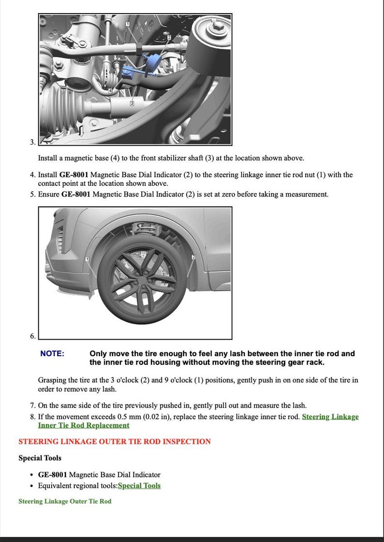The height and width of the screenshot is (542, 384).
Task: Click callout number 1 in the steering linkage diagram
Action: coord(128,24)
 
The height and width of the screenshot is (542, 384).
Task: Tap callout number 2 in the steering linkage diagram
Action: coord(169,37)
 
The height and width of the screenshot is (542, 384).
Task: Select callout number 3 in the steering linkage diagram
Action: coord(132,104)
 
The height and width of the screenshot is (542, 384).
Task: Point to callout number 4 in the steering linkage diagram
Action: coord(110,90)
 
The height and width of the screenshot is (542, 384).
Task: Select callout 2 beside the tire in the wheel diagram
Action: coord(193,257)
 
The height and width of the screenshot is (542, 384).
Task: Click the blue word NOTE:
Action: coord(52,354)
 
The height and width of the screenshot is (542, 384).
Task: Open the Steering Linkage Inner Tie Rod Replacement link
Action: coord(330,417)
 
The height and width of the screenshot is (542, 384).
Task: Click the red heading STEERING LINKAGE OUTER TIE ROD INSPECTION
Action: coord(115,441)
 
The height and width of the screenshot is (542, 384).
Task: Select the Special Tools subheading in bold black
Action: coord(40,458)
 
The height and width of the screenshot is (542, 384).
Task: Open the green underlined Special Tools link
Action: coord(139,486)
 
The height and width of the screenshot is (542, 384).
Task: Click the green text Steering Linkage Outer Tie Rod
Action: coord(65,501)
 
